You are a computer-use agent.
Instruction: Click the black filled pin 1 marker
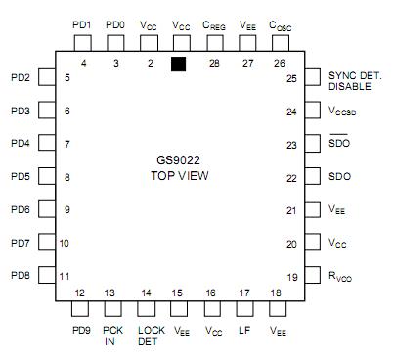(x=178, y=65)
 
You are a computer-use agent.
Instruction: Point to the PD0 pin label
(x=115, y=23)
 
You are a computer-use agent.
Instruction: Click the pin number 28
(x=214, y=63)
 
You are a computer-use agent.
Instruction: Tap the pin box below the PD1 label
(x=82, y=43)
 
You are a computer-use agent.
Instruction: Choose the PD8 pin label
(x=21, y=276)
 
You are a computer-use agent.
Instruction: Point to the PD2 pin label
(x=21, y=77)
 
